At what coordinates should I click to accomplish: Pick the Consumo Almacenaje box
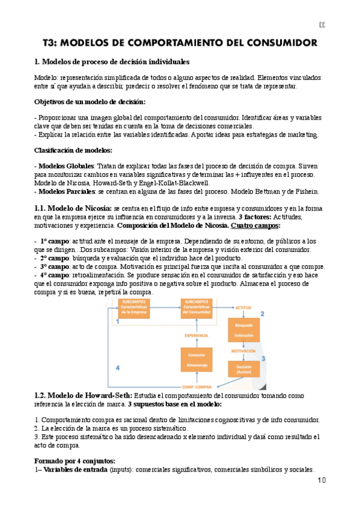[197, 360]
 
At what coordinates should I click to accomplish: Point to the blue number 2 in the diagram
[262, 313]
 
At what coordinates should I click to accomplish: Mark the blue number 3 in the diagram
[263, 359]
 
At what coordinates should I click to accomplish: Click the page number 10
[321, 480]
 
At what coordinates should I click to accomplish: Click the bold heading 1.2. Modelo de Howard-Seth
[79, 396]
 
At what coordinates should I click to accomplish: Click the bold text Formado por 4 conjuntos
[75, 460]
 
